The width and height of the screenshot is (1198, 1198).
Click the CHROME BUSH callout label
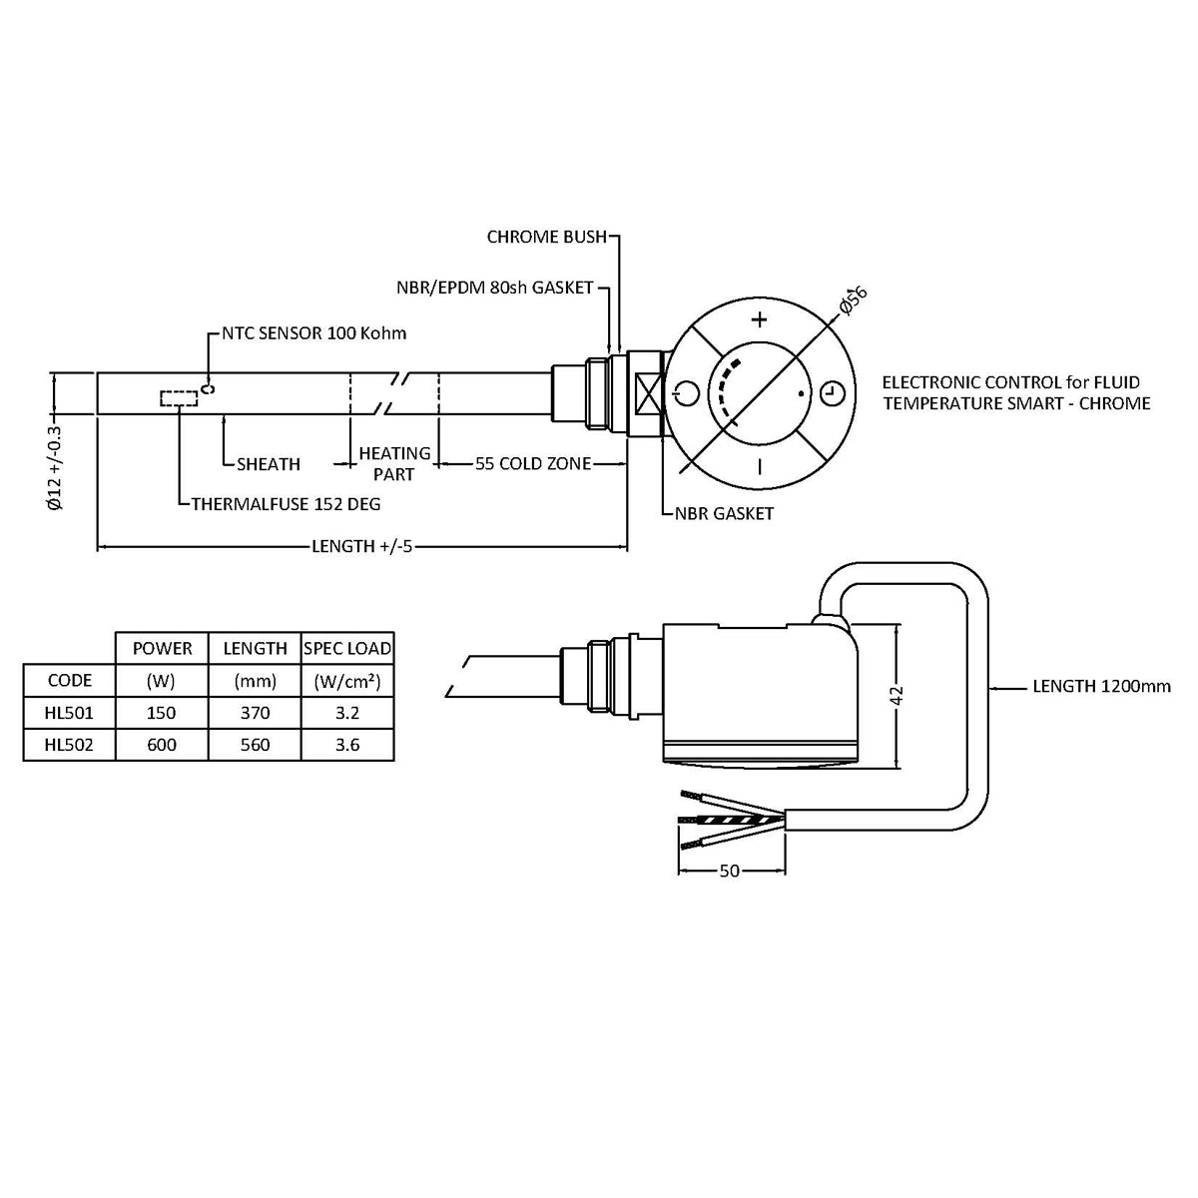click(546, 238)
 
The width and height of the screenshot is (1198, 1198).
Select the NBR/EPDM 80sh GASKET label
click(495, 288)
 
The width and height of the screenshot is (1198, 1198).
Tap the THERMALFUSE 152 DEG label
click(287, 503)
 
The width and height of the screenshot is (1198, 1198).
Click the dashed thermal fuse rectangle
click(179, 399)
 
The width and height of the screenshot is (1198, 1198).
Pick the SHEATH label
click(269, 464)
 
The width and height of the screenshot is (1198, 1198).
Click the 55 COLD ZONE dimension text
click(532, 463)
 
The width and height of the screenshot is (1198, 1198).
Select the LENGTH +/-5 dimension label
click(362, 546)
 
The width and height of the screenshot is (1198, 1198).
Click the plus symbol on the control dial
click(760, 319)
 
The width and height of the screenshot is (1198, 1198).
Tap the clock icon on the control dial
click(831, 393)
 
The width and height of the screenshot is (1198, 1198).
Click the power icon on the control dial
click(683, 391)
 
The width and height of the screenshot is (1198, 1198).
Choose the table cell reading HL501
click(69, 713)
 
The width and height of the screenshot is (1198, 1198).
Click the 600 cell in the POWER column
click(161, 745)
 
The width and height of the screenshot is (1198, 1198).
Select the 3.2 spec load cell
click(347, 713)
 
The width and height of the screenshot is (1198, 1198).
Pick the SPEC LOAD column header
click(347, 648)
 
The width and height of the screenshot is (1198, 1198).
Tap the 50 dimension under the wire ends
click(730, 871)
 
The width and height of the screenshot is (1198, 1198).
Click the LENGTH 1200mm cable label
click(1101, 686)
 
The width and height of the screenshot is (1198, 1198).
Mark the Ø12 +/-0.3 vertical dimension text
click(55, 469)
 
